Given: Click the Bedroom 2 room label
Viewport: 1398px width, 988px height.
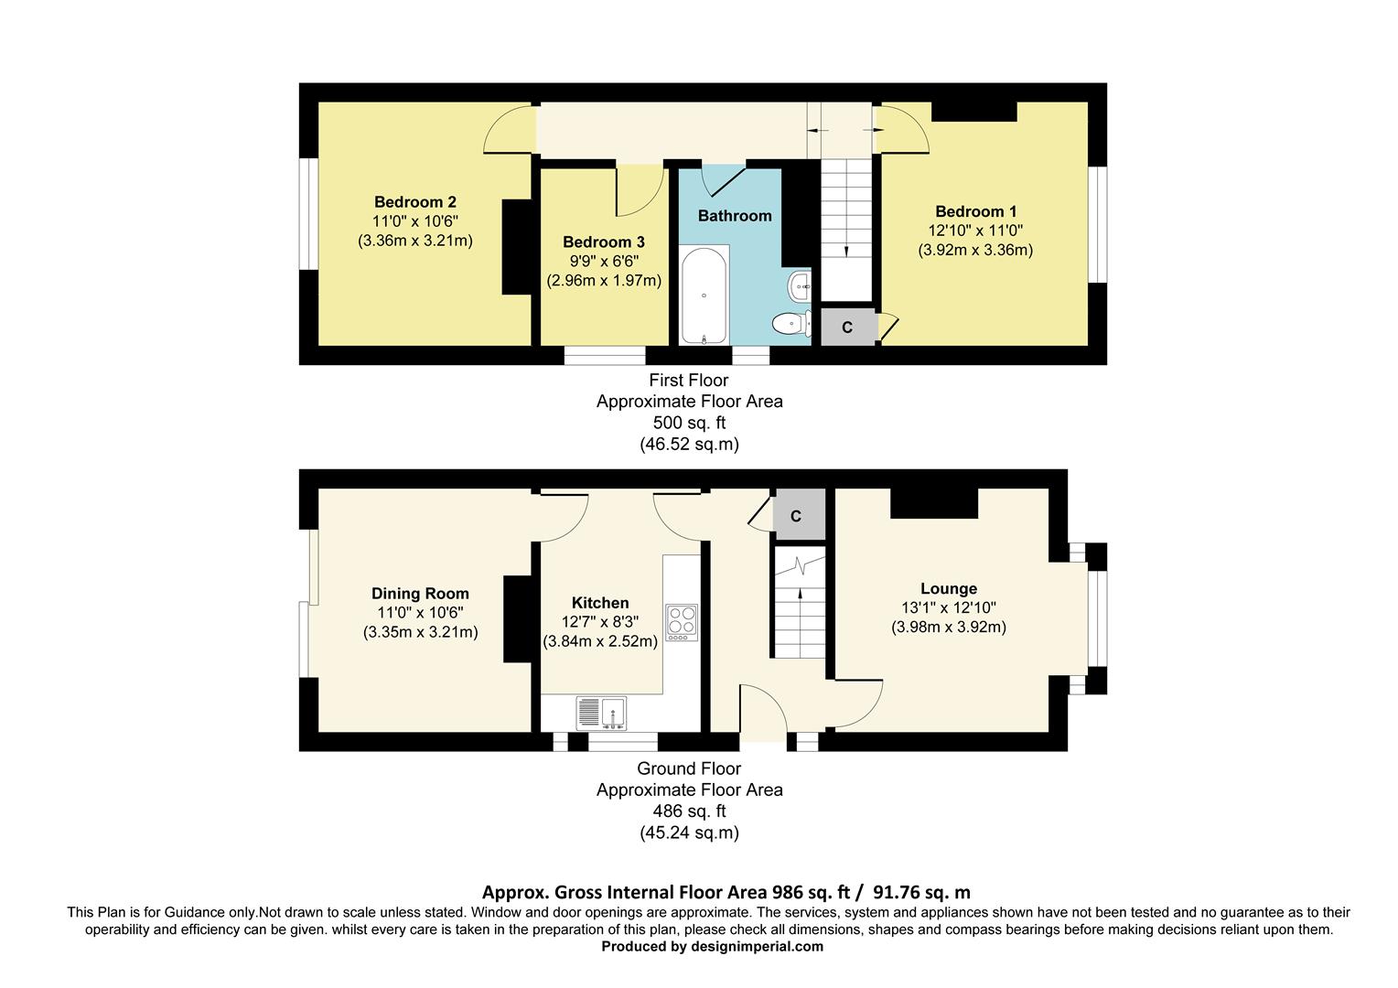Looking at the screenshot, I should pos(414,202).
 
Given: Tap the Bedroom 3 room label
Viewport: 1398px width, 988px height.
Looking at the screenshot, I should pos(603,242).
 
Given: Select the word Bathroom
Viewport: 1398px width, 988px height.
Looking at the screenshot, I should pos(735,216).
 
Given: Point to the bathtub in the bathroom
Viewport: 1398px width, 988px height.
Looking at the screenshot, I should pos(704,294).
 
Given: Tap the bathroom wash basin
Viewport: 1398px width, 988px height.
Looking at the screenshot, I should pos(801,286).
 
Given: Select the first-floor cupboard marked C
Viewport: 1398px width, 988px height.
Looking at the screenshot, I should pos(847,328).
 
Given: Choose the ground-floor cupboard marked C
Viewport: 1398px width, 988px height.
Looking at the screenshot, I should pos(796,516).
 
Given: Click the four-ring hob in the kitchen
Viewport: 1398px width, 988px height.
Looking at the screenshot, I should pos(681,621).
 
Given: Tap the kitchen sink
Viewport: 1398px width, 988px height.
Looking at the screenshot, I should pos(601,712).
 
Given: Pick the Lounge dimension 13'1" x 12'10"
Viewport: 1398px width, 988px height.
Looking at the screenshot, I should pos(948,607).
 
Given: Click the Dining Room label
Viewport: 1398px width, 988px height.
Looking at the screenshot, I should pos(420,594).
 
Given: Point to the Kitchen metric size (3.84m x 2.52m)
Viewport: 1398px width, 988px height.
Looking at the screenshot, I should pos(600,641).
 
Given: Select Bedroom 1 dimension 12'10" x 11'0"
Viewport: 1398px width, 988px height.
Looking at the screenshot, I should pos(975,231).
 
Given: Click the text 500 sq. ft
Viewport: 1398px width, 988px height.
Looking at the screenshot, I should pos(689,423).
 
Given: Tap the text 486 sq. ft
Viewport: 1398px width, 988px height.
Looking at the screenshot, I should pos(689,811).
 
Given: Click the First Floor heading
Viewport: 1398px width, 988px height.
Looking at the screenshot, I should pos(689,380).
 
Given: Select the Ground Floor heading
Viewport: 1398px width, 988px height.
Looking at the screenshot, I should pos(689,768).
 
